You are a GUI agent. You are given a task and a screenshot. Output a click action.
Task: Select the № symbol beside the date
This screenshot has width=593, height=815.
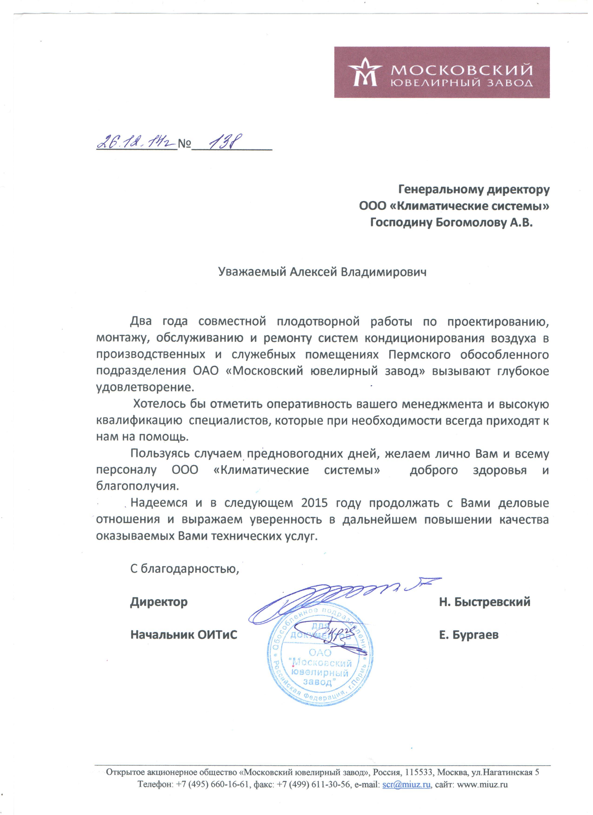[185, 144]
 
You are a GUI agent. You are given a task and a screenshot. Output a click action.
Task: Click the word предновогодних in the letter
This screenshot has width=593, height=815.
[312, 454]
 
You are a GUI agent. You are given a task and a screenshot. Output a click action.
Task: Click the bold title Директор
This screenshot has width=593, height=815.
[159, 602]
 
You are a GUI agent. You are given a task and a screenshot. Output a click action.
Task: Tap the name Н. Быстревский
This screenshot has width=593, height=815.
[484, 602]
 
